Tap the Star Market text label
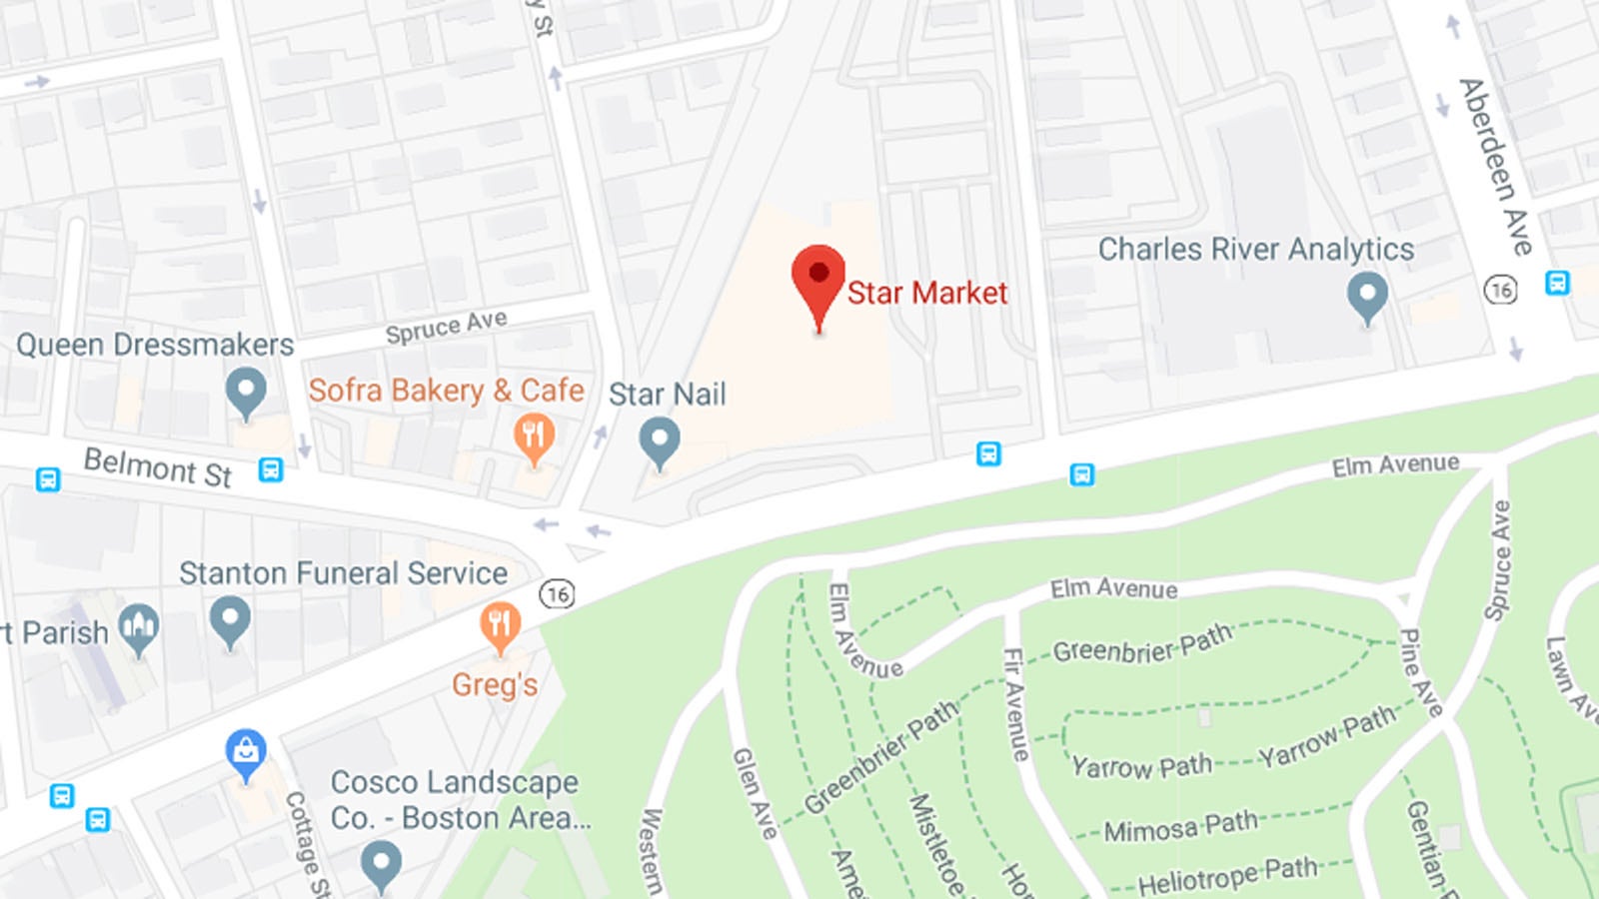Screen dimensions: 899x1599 click(x=927, y=293)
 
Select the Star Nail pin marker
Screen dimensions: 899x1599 click(x=660, y=441)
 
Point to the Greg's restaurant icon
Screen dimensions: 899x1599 click(x=500, y=625)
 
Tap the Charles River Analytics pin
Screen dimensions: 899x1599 click(x=1367, y=296)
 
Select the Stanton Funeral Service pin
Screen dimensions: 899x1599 click(x=230, y=619)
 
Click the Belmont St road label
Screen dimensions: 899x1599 click(x=158, y=467)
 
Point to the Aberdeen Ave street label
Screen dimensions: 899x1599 click(x=1495, y=166)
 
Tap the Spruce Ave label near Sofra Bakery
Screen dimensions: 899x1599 click(x=446, y=327)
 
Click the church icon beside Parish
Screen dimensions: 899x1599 click(x=138, y=627)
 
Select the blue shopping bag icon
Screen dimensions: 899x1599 click(x=246, y=751)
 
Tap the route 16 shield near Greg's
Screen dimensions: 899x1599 click(x=558, y=594)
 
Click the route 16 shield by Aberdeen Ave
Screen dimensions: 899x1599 click(x=1500, y=290)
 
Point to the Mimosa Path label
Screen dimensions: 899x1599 click(x=1180, y=826)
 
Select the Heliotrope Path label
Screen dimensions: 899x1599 click(x=1227, y=876)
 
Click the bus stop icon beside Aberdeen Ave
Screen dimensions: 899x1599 click(x=1557, y=283)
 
